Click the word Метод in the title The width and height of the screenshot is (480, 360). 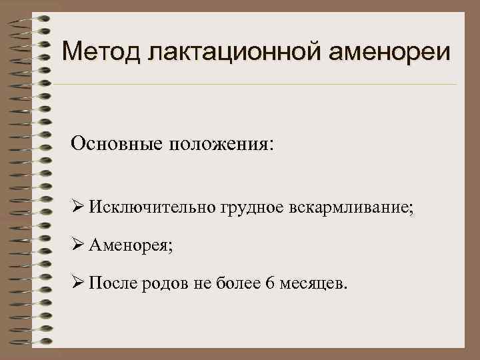[x=103, y=51]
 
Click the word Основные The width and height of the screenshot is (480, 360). [x=117, y=144]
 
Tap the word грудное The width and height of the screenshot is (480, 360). [x=249, y=209]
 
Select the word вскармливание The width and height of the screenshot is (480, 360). [x=351, y=209]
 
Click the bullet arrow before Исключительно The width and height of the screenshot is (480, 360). [x=78, y=209]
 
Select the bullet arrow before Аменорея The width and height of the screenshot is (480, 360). [x=78, y=246]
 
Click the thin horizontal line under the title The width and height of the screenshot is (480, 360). [x=253, y=85]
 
